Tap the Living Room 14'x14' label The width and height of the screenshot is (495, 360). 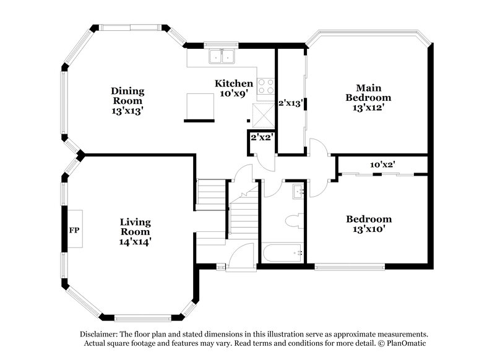136,231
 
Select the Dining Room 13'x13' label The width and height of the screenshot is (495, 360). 127,100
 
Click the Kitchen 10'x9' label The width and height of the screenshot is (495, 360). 233,88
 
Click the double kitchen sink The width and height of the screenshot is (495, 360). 222,56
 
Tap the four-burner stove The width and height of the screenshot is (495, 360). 266,86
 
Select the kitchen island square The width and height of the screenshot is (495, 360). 200,106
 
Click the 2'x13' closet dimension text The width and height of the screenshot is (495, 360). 290,103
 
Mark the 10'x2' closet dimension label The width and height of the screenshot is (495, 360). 382,165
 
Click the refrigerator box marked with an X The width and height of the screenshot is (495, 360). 263,113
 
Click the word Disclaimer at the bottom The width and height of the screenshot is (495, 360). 98,333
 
